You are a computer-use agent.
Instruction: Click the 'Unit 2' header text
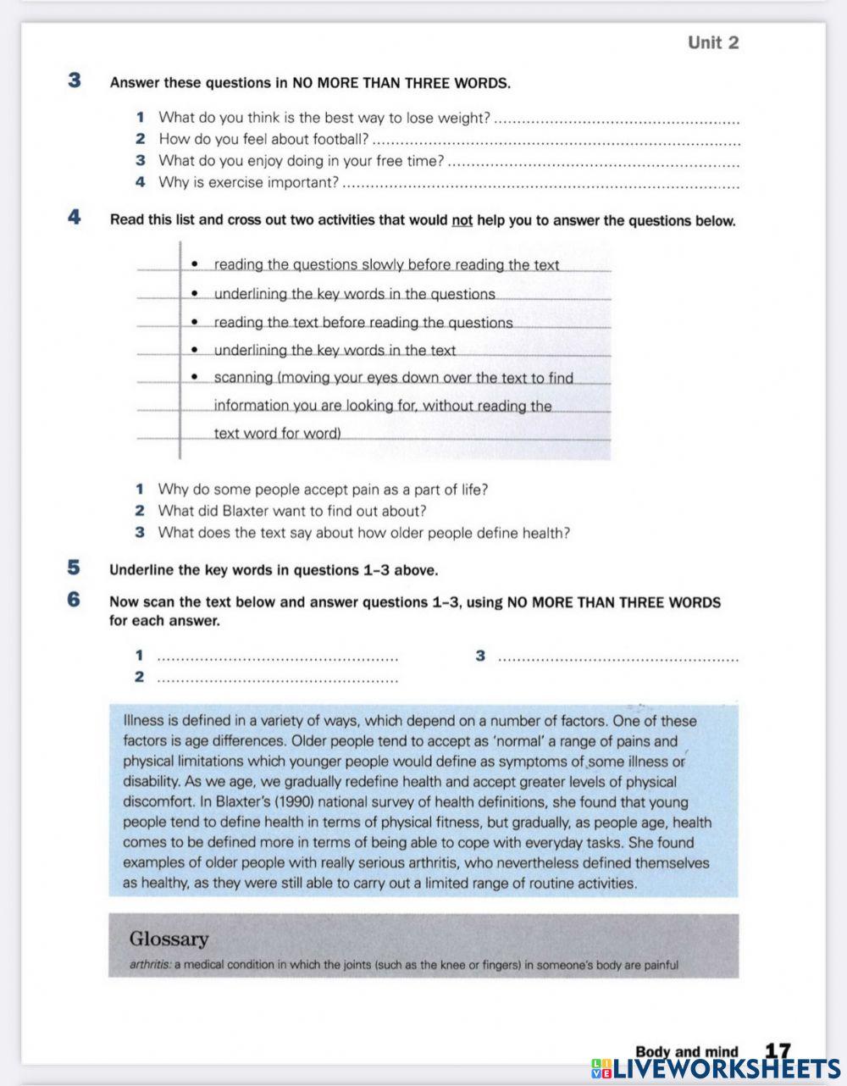pos(712,42)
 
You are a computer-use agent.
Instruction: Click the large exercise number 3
pos(75,81)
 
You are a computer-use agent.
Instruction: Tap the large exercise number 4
pos(75,218)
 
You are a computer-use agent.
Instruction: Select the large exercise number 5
pos(75,568)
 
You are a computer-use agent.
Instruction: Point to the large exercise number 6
pos(75,600)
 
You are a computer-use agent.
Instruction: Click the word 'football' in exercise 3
pos(338,139)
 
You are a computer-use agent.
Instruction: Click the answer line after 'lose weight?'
pos(616,120)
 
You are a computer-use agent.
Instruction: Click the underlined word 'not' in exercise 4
pos(462,221)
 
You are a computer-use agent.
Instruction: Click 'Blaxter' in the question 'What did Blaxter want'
pos(245,511)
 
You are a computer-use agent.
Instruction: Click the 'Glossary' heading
pos(169,939)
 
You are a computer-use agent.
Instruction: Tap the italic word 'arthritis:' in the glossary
pos(150,965)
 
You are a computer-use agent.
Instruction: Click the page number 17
pos(777,1051)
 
